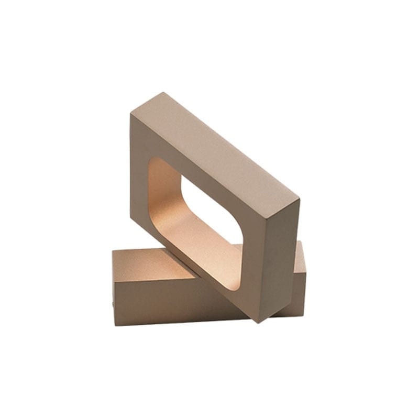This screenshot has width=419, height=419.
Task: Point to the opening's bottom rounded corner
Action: tap(230, 285)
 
